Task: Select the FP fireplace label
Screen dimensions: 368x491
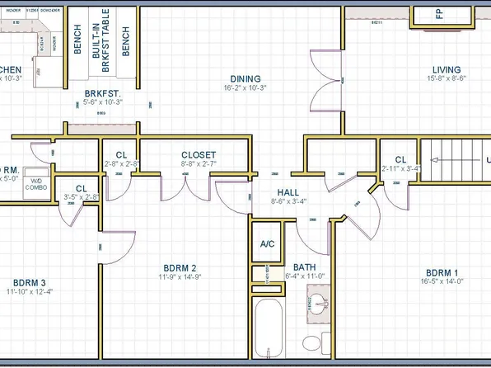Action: pos(439,15)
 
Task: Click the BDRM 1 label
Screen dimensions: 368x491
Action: pos(442,272)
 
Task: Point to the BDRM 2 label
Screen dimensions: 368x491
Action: pos(180,268)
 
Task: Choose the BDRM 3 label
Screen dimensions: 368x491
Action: pos(30,281)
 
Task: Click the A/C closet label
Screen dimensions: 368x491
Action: pos(267,244)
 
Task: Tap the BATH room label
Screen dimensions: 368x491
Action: pos(305,268)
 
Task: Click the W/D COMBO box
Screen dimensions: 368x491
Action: pos(37,183)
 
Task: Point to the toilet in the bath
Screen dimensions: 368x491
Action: pos(311,342)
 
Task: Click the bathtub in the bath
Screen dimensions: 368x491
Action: pos(269,334)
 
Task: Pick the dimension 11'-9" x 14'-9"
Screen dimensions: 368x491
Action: pos(180,278)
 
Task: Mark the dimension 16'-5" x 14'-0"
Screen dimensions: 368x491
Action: pos(442,282)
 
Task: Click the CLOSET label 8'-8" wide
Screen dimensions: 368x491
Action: pos(199,155)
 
